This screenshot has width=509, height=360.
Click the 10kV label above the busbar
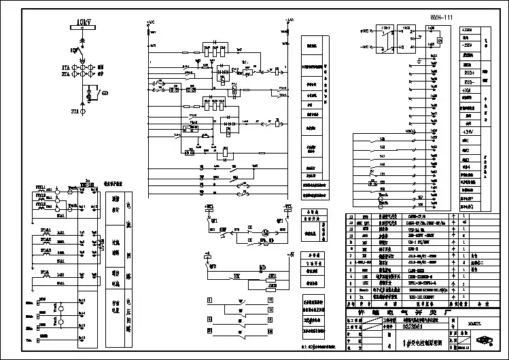click(x=85, y=22)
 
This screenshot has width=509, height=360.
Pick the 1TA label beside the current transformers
click(x=66, y=68)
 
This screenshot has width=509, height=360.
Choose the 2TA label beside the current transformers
click(x=66, y=75)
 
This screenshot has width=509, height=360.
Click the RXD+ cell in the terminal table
click(x=469, y=71)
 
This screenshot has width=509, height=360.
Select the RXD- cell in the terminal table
click(x=469, y=80)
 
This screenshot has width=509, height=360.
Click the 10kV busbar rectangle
click(x=85, y=28)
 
